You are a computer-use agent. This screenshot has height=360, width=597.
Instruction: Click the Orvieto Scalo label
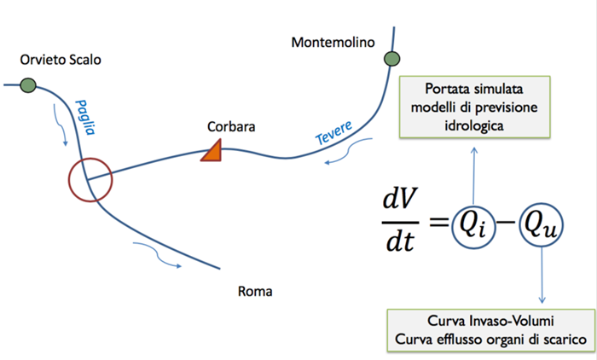(61, 61)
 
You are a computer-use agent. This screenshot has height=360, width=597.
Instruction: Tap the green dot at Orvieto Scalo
(28, 84)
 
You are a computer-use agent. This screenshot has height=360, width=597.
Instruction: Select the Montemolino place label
(333, 41)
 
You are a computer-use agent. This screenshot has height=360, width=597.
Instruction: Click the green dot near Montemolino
(391, 59)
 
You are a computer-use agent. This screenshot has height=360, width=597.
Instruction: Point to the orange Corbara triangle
(212, 152)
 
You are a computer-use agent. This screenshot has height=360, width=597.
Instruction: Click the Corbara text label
(231, 127)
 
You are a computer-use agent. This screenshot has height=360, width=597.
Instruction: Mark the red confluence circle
(90, 180)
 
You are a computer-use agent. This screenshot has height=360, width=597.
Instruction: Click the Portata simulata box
(474, 106)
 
